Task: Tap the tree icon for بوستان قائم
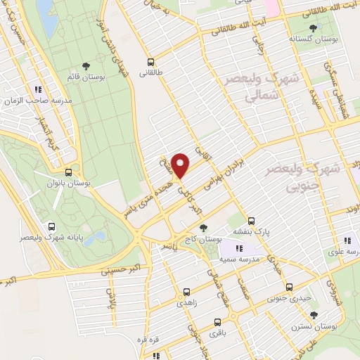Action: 86,66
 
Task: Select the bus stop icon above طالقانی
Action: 150,61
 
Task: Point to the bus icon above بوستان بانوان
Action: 68,172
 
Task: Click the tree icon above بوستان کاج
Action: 203,227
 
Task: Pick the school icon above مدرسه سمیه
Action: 239,247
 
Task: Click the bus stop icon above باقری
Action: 215,326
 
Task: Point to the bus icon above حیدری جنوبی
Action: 290,287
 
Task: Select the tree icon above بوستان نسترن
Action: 314,316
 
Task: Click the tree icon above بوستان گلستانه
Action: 312,28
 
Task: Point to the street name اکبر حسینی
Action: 102,268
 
